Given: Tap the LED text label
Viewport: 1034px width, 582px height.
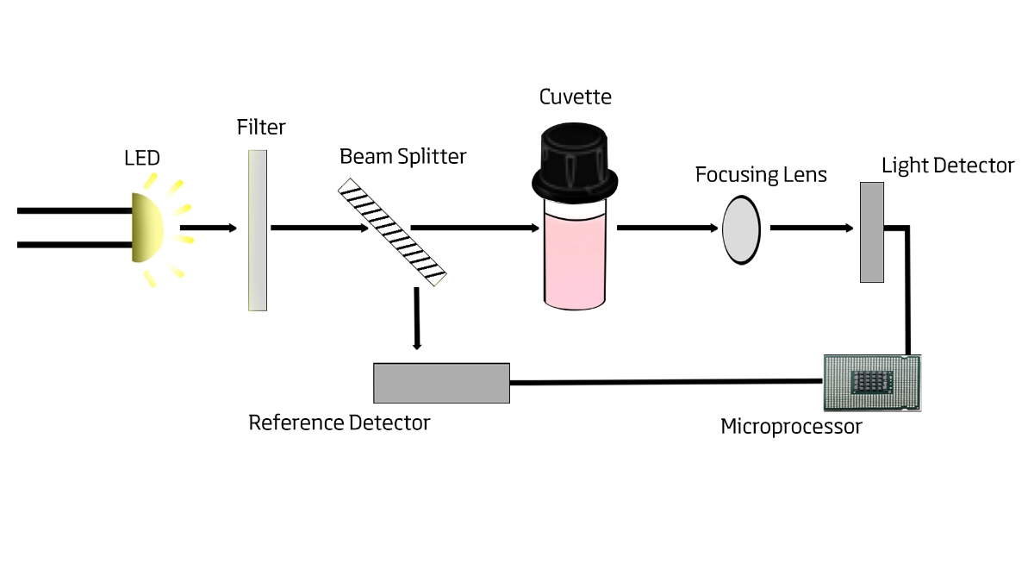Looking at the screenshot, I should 142,158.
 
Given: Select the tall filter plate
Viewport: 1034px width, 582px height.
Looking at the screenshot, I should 257,229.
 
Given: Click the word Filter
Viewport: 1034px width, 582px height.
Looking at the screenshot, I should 261,128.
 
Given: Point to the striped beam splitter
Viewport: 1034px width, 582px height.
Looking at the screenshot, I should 393,231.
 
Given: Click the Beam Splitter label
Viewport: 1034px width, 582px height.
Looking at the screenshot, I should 402,156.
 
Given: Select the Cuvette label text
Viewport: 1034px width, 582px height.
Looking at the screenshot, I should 576,97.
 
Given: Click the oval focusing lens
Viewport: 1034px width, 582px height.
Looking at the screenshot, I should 741,228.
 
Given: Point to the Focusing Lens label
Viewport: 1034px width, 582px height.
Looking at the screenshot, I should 761,175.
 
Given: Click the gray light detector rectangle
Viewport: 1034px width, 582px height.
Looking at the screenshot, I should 872,231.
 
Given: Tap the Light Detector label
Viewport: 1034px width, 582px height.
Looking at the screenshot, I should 948,166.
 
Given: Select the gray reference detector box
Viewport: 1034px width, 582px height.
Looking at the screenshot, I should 441,383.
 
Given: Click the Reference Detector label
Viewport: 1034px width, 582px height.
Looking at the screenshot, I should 339,423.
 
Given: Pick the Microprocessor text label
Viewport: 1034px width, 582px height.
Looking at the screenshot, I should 791,426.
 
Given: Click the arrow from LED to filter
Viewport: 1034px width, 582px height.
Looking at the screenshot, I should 208,228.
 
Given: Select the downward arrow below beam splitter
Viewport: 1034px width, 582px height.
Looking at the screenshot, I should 417,319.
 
